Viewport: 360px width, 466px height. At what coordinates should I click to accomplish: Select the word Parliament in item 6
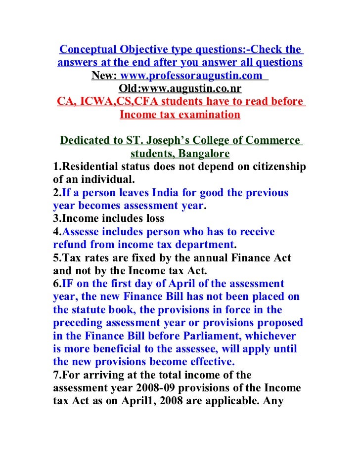tap(207, 336)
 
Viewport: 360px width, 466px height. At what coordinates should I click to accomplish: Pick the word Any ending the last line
tap(272, 400)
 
